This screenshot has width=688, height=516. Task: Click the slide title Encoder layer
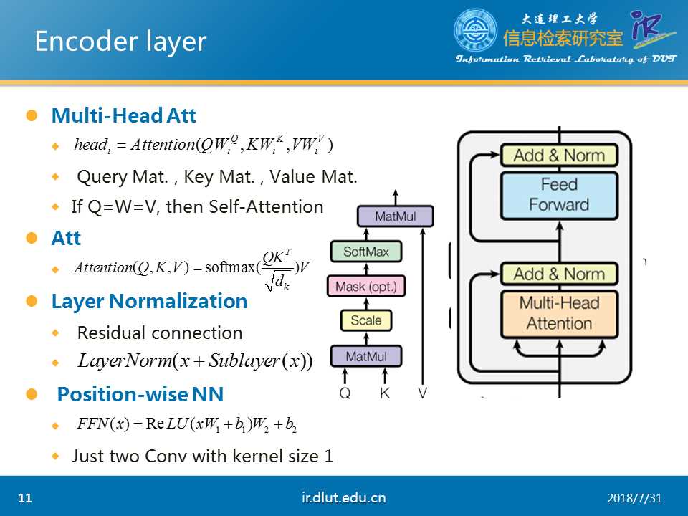[120, 42]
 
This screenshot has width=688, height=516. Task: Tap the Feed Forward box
[559, 194]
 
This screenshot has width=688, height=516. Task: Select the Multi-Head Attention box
[559, 313]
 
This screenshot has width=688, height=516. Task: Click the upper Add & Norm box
[559, 155]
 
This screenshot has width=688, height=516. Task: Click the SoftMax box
[365, 252]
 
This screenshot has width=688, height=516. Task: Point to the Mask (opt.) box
[365, 287]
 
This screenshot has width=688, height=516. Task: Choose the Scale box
[365, 320]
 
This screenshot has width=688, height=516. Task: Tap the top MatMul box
[395, 216]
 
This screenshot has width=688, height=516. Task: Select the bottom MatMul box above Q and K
[365, 356]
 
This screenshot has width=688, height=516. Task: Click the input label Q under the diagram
[345, 393]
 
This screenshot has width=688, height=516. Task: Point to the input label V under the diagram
[424, 393]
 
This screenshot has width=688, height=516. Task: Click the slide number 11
[26, 498]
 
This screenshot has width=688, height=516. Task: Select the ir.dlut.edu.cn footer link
[344, 497]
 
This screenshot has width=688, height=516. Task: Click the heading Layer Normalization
[149, 301]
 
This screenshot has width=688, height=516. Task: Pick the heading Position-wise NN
[140, 394]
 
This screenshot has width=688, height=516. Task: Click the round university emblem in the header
[475, 30]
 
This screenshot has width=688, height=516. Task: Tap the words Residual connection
[160, 333]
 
